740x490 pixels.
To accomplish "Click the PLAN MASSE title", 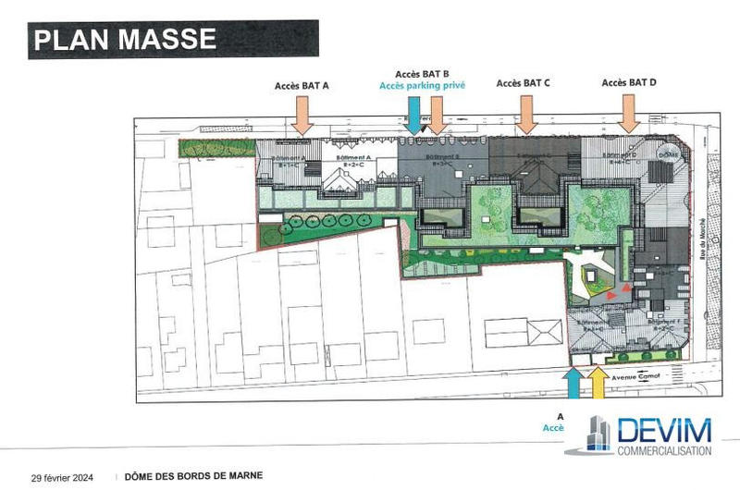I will tap(125, 39).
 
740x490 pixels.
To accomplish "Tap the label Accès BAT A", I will tap(302, 85).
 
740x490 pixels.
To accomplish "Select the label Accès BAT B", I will tap(422, 73).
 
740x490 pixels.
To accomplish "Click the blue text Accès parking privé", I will tap(422, 85).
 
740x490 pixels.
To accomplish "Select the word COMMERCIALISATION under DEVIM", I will tap(663, 450).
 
